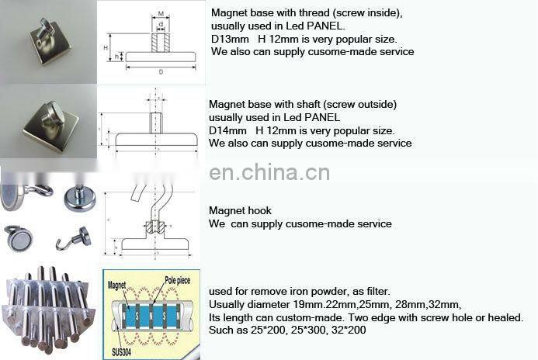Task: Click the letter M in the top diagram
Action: pyautogui.click(x=160, y=13)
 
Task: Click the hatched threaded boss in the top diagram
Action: pyautogui.click(x=160, y=40)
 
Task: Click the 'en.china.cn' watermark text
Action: pyautogui.click(x=270, y=171)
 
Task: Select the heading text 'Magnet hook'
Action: pyautogui.click(x=241, y=211)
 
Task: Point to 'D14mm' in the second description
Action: pyautogui.click(x=227, y=130)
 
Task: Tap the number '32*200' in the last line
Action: pyautogui.click(x=350, y=331)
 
